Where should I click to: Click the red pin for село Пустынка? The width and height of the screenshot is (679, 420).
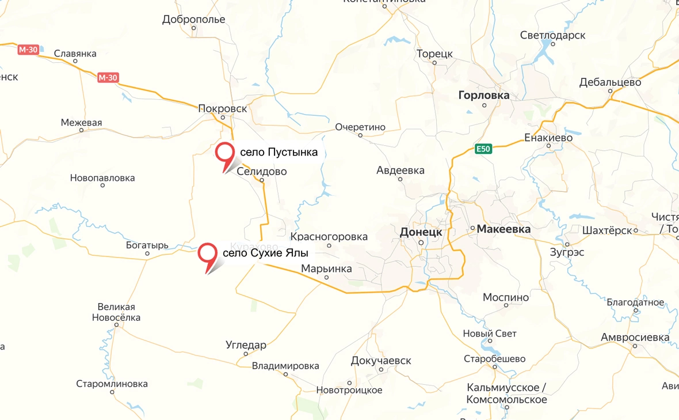pyautogui.click(x=224, y=153)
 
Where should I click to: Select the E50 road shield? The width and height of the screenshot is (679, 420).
pyautogui.click(x=483, y=149)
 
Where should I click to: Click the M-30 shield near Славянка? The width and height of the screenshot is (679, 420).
pyautogui.click(x=28, y=50)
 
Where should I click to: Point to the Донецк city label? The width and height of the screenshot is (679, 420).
pyautogui.click(x=421, y=232)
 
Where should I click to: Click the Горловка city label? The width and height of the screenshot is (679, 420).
pyautogui.click(x=484, y=95)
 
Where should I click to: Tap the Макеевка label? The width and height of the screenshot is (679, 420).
pyautogui.click(x=503, y=229)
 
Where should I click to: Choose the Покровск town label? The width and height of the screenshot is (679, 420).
pyautogui.click(x=222, y=108)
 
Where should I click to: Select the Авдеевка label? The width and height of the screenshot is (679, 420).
pyautogui.click(x=400, y=170)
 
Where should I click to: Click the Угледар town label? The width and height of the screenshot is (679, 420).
pyautogui.click(x=246, y=345)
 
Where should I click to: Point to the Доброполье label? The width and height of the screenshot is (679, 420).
pyautogui.click(x=194, y=20)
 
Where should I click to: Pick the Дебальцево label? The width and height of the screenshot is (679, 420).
pyautogui.click(x=611, y=82)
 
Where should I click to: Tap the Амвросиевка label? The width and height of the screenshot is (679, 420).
pyautogui.click(x=635, y=337)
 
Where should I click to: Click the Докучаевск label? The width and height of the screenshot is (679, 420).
pyautogui.click(x=381, y=361)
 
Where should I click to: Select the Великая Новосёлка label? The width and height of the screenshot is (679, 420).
pyautogui.click(x=116, y=312)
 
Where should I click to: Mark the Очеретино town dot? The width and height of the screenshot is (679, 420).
pyautogui.click(x=360, y=135)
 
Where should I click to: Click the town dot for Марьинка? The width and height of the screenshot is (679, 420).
pyautogui.click(x=326, y=277)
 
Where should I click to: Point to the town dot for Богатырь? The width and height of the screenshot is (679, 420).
pyautogui.click(x=147, y=253)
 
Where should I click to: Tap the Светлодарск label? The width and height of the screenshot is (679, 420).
pyautogui.click(x=552, y=35)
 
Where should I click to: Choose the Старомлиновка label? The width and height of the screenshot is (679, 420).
pyautogui.click(x=112, y=384)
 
